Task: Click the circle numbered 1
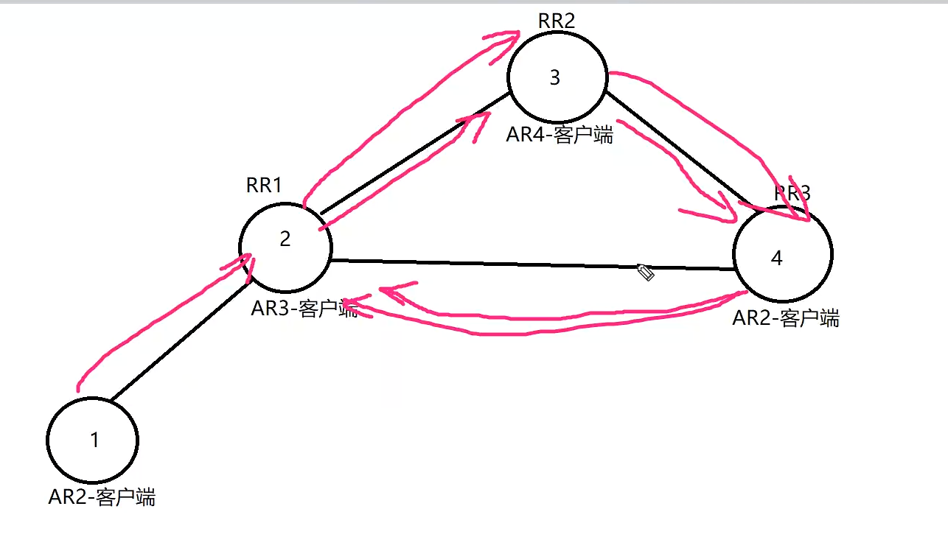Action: pos(93,440)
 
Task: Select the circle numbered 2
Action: pos(285,239)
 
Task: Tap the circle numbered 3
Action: pos(557,77)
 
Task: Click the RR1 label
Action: pos(264,185)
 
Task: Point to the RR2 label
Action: pos(556,21)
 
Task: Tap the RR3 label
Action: pos(792,194)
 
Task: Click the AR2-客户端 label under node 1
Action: pos(102,497)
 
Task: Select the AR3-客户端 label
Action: pos(304,309)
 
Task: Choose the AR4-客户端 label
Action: pos(560,136)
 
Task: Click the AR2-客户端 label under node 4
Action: pos(786,318)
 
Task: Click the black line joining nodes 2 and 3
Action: pos(413,156)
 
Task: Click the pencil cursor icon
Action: pos(646,273)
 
